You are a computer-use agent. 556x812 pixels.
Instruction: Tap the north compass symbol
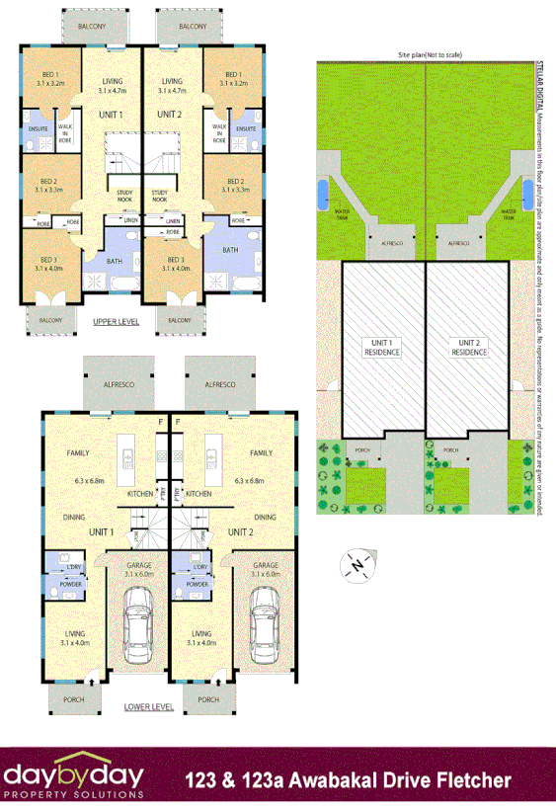click(355, 564)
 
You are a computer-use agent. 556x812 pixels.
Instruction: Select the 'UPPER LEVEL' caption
click(116, 322)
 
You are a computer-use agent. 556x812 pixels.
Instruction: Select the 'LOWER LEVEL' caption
click(149, 707)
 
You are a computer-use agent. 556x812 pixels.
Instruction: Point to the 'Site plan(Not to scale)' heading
click(431, 55)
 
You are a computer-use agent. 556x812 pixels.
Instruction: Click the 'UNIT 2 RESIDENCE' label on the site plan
click(469, 348)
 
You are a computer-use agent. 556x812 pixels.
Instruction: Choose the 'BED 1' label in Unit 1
click(50, 75)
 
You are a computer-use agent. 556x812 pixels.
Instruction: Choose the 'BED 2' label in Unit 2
click(234, 182)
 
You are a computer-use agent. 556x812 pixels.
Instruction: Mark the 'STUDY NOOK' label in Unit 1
click(124, 196)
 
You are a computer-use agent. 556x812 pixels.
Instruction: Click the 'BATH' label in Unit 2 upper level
click(229, 250)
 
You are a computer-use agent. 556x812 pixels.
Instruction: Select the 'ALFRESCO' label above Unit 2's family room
click(217, 382)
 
